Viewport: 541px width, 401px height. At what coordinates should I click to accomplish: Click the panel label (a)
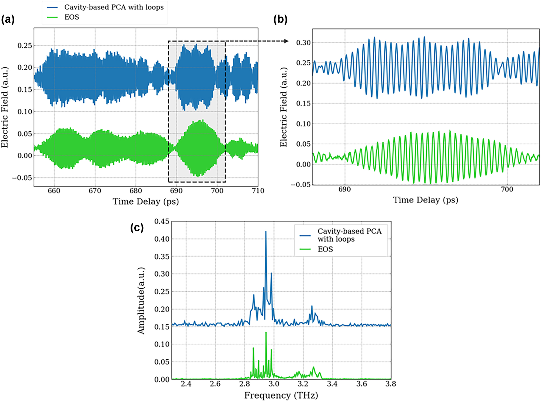pyautogui.click(x=8, y=20)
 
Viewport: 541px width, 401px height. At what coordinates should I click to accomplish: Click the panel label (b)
pyautogui.click(x=280, y=20)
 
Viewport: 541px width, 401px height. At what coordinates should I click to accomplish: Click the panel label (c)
pyautogui.click(x=137, y=228)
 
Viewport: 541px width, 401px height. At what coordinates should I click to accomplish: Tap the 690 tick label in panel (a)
pyautogui.click(x=176, y=191)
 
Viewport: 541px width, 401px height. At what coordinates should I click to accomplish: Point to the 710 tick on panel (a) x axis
pyautogui.click(x=258, y=191)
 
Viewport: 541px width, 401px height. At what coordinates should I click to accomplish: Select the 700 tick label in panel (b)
pyautogui.click(x=507, y=190)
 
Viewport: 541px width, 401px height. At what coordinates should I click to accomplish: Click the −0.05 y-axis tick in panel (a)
pyautogui.click(x=22, y=178)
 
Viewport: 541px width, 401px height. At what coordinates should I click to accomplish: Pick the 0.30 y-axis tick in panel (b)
pyautogui.click(x=303, y=43)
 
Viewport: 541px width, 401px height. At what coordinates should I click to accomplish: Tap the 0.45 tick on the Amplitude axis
pyautogui.click(x=162, y=221)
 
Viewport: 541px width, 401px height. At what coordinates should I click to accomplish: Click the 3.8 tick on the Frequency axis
pyautogui.click(x=391, y=384)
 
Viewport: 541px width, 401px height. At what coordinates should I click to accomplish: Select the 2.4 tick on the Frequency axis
pyautogui.click(x=186, y=384)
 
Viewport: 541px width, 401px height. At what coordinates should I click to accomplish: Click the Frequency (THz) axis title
pyautogui.click(x=281, y=395)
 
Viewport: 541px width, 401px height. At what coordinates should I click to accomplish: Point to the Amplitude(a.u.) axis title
pyautogui.click(x=141, y=301)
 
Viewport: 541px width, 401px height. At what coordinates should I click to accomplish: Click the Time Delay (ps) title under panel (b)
pyautogui.click(x=425, y=200)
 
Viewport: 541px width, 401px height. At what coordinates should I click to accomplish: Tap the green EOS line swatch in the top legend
pyautogui.click(x=52, y=17)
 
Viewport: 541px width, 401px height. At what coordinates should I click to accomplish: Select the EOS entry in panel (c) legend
pyautogui.click(x=325, y=249)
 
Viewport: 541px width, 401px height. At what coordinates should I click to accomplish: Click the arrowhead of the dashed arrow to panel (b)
pyautogui.click(x=287, y=41)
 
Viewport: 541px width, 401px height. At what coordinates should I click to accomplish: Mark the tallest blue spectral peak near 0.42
pyautogui.click(x=266, y=232)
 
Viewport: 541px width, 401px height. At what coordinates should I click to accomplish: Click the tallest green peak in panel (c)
pyautogui.click(x=266, y=333)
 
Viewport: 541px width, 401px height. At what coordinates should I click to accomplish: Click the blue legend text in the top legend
pyautogui.click(x=114, y=7)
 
